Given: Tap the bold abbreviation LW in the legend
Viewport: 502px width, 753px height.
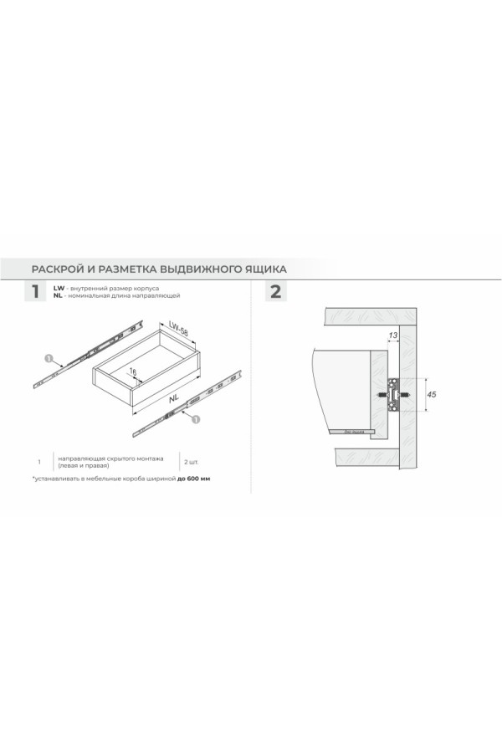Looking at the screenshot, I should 58,287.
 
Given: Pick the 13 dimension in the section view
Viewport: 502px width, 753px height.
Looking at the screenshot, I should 393,336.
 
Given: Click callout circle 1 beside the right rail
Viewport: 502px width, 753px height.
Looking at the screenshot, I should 196,420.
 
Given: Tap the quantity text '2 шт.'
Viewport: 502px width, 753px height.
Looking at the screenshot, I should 190,461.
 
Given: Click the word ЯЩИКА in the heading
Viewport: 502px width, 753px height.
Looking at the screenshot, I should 263,269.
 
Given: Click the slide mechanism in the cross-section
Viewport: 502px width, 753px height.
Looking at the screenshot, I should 392,393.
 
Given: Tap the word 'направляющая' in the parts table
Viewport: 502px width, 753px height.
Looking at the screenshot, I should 81,458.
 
